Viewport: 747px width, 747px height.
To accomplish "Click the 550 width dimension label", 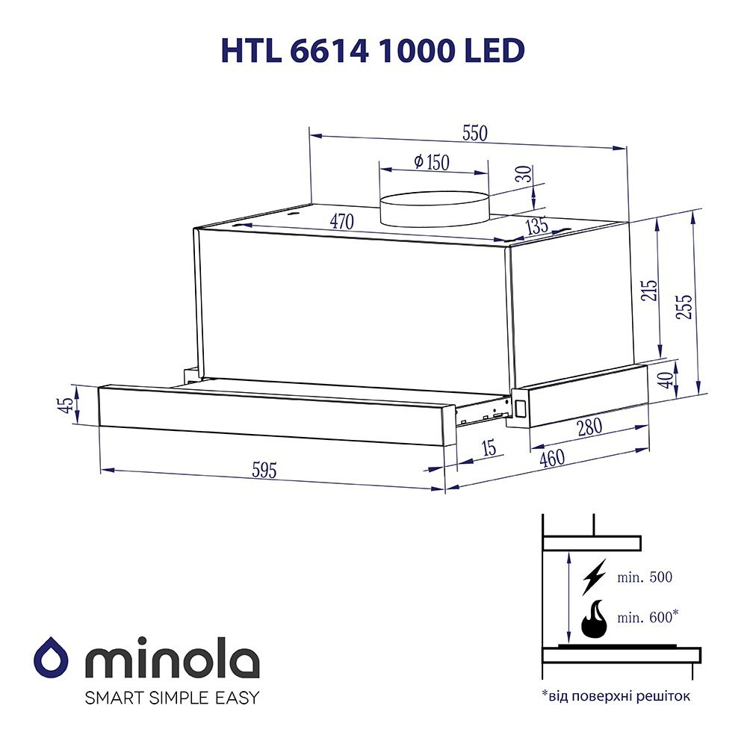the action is tap(475, 134).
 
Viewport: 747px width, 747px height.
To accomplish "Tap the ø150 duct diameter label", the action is tap(432, 162).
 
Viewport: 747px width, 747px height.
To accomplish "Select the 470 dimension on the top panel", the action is tap(342, 221).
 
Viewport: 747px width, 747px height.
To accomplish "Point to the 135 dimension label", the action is tap(537, 226).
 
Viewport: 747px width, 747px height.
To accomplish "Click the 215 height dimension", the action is tap(649, 290).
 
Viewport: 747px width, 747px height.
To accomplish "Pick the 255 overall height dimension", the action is tap(684, 306).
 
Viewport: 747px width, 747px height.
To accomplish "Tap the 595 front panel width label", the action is tap(264, 471).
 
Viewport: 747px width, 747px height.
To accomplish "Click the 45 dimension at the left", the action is tap(67, 404).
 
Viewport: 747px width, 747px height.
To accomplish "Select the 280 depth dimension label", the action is tap(590, 427).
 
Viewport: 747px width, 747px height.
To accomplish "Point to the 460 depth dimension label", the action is tap(552, 459).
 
